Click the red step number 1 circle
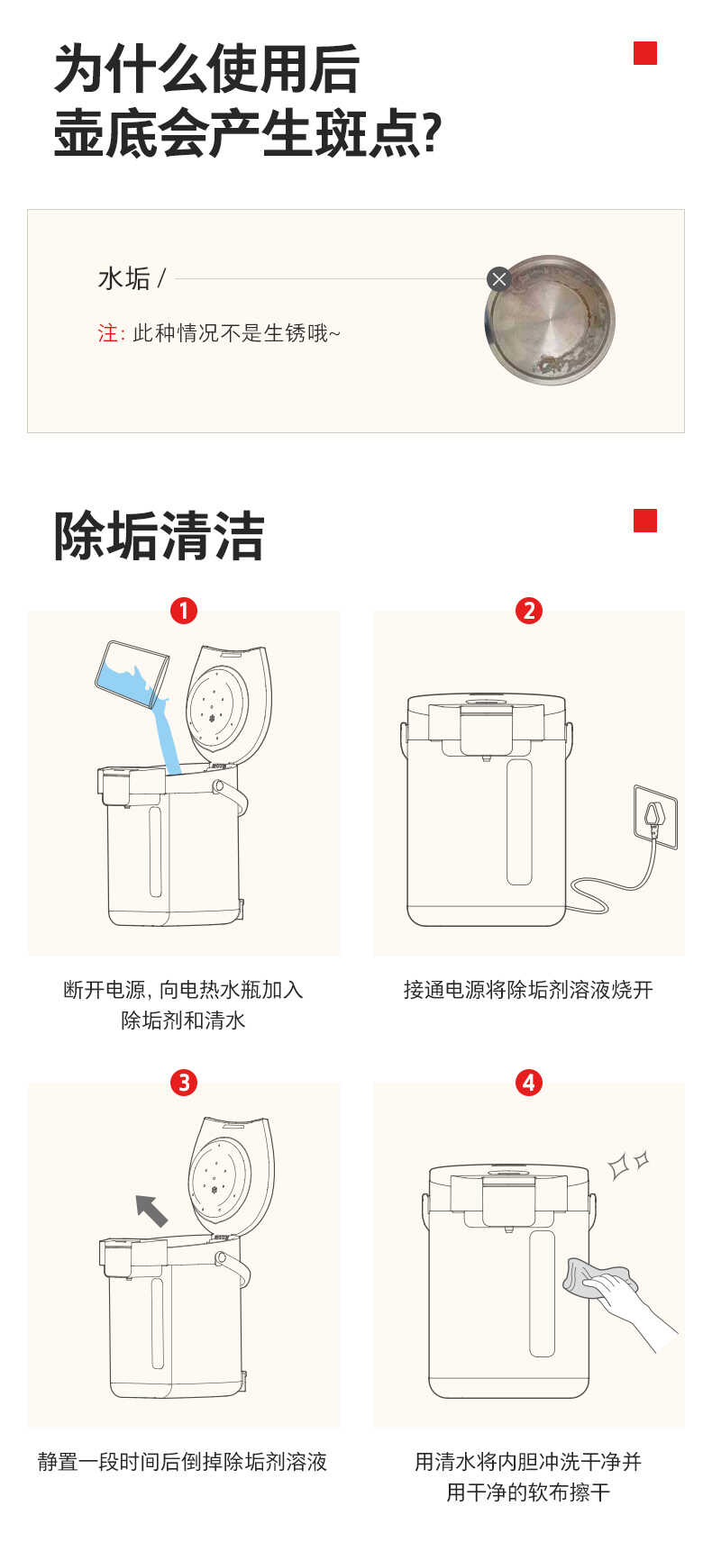tap(184, 611)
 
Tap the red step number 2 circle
tap(529, 611)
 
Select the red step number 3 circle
tap(184, 1082)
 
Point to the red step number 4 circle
tap(529, 1082)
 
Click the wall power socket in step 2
tap(655, 816)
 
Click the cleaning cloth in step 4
tap(594, 1278)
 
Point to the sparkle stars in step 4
tap(627, 1164)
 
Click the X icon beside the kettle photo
tap(498, 279)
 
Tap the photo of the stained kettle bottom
tap(550, 321)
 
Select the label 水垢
tap(123, 279)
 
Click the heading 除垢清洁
tap(159, 537)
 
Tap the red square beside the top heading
tap(644, 54)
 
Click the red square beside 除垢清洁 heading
tap(644, 521)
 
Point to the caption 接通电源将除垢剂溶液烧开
tap(528, 990)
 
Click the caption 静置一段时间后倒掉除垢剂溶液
tap(183, 1461)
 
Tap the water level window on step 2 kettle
tap(519, 821)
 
